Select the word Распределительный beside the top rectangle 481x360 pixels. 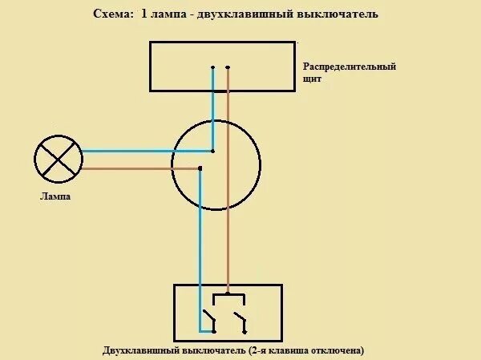click(350, 67)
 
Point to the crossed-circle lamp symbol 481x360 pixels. click(58, 160)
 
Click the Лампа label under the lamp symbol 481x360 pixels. click(55, 196)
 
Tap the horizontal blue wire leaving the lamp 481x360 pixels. click(144, 151)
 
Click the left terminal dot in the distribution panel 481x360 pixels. click(213, 67)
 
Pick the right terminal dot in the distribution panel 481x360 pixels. click(228, 67)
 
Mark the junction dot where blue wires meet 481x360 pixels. click(212, 151)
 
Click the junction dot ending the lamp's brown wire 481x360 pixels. click(199, 168)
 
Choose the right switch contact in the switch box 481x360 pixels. click(239, 320)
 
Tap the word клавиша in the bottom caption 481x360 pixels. click(281, 350)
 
